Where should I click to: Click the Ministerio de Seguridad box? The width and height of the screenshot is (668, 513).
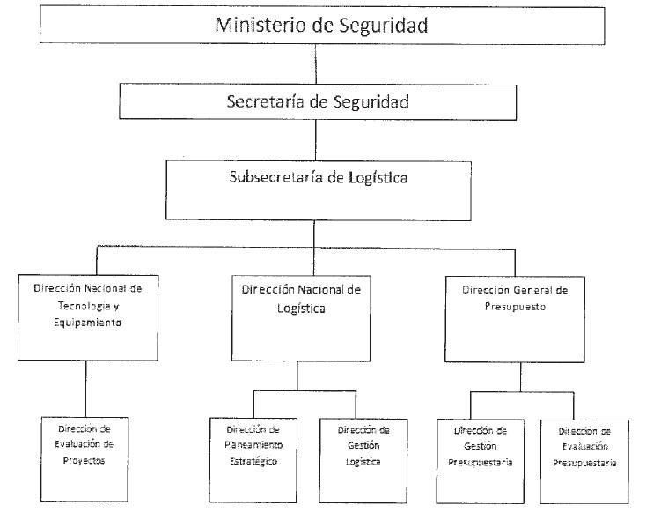click(x=322, y=25)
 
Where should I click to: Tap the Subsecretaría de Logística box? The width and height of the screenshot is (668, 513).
click(x=317, y=189)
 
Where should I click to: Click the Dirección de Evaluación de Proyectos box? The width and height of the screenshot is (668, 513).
click(x=84, y=458)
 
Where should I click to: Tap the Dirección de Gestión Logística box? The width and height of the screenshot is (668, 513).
click(x=363, y=460)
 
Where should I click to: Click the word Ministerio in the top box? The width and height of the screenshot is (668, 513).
click(x=256, y=25)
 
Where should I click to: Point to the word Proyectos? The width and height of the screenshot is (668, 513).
click(x=85, y=461)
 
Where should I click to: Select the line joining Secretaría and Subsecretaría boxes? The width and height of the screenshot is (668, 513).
click(x=316, y=139)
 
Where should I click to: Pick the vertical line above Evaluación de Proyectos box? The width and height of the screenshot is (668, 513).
click(x=85, y=388)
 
